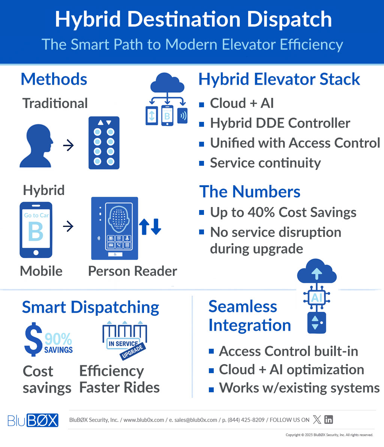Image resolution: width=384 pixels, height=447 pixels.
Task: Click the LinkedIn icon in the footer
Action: (328, 420)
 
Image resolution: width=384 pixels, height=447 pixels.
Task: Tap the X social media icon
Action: (317, 420)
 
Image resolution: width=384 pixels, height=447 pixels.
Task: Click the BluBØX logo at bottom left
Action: (33, 420)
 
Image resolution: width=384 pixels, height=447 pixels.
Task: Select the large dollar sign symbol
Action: (33, 339)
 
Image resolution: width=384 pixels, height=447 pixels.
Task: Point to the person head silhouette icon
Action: (36, 145)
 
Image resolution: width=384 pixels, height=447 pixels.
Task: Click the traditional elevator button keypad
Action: (104, 143)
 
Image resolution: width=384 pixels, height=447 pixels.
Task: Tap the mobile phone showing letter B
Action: (36, 230)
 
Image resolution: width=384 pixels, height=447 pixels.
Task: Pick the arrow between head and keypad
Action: (68, 145)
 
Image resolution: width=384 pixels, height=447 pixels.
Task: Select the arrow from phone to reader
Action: (68, 226)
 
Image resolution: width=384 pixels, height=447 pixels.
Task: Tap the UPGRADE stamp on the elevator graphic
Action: (132, 351)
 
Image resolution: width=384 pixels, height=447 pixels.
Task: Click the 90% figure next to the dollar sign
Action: (58, 339)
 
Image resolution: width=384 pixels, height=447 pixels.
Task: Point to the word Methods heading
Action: (54, 79)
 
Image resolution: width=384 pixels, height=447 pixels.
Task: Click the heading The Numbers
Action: (250, 191)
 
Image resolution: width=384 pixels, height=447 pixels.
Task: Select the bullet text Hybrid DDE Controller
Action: (280, 123)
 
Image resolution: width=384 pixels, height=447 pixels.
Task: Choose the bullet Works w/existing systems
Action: (299, 388)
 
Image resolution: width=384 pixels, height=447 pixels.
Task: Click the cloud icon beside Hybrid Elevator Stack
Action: (167, 83)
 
